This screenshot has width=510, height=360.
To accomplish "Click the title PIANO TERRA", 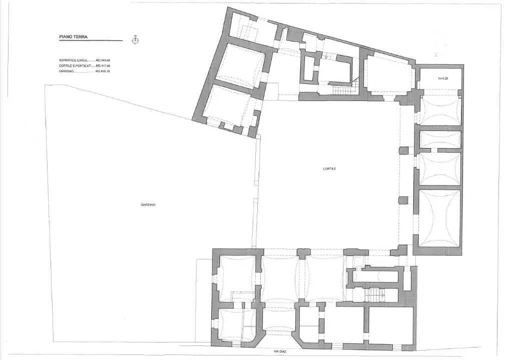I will tap(73, 36).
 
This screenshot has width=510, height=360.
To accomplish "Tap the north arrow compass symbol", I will tap(134, 39).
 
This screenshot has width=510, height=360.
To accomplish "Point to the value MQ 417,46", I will tap(103, 66).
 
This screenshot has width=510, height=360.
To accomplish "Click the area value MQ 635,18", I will tap(103, 71).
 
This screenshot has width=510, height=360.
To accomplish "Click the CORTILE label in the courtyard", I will tap(329, 169).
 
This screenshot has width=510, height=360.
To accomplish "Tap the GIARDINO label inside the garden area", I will tap(148, 204).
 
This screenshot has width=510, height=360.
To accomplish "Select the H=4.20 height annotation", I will tap(444, 78).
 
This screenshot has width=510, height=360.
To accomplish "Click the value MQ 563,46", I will tap(103, 60).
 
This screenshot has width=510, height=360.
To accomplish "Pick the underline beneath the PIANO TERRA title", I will tap(90, 40).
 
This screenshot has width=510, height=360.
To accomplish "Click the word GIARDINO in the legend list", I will tap(67, 71).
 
